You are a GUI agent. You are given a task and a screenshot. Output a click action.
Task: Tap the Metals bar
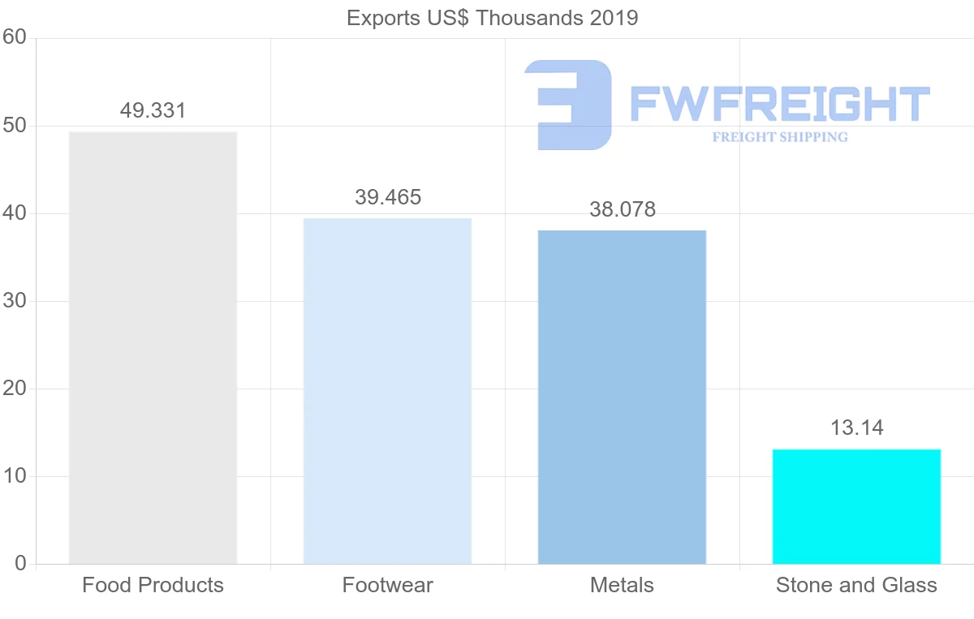click(622, 397)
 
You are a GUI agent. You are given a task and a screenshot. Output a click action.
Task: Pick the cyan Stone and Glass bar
click(856, 506)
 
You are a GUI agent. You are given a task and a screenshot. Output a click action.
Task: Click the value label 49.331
click(153, 110)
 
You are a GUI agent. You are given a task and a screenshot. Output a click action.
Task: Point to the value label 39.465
click(388, 197)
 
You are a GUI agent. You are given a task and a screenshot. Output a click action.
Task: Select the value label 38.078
click(623, 209)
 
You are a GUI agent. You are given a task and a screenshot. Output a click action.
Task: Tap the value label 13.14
click(856, 428)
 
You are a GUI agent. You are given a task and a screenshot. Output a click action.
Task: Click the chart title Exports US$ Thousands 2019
click(493, 18)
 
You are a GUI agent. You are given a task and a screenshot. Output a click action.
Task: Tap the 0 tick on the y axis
click(19, 564)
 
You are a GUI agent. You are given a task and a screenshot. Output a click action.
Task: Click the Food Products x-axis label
click(153, 585)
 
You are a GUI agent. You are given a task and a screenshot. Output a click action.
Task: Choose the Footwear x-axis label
click(388, 585)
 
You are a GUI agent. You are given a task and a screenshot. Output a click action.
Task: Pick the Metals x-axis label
click(622, 585)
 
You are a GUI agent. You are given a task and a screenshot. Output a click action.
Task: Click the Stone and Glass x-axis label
click(856, 585)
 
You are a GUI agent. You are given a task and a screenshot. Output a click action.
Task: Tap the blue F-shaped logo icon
click(568, 105)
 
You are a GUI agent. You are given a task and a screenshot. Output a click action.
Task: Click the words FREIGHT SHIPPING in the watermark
click(780, 137)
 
